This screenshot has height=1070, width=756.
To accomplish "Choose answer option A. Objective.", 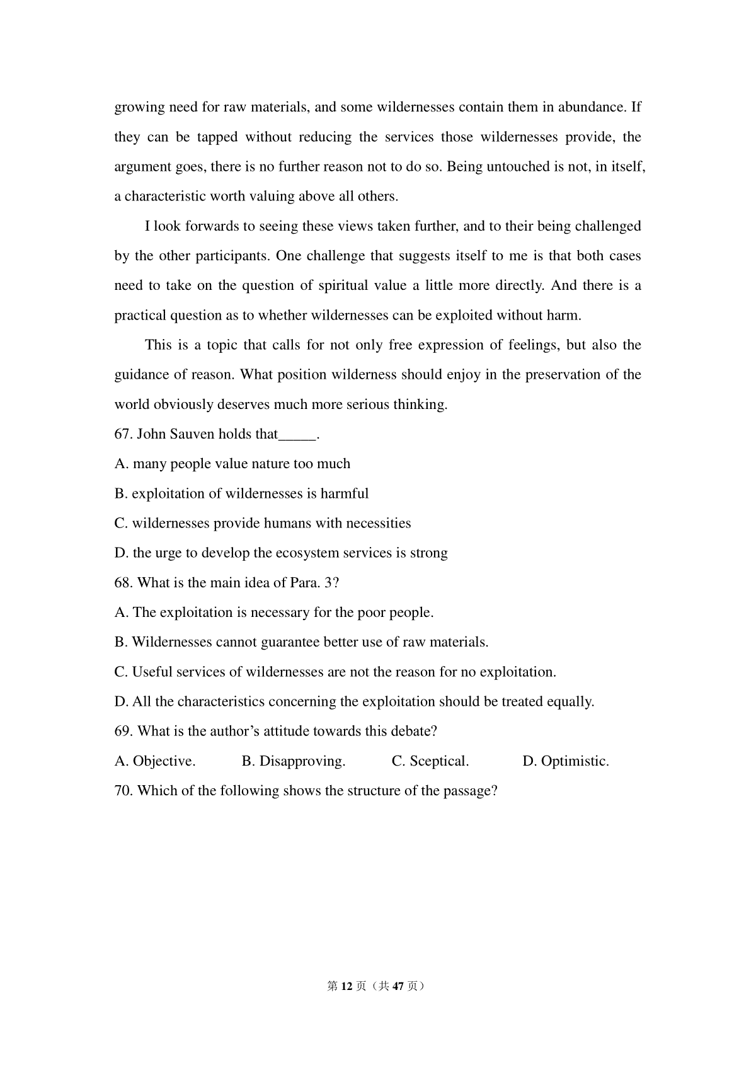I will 155,761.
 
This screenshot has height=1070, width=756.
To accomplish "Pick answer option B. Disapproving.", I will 294,761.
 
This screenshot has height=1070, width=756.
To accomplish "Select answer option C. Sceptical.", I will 430,761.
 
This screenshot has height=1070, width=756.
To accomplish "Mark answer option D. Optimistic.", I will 566,761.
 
